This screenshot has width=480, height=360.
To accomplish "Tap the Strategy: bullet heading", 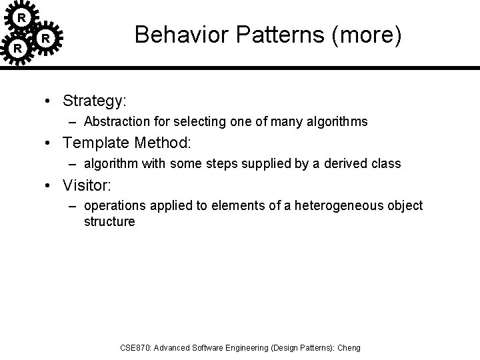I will click(x=95, y=101).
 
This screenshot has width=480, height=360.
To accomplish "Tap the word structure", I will click(x=109, y=221).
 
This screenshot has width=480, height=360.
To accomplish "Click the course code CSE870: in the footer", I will click(x=136, y=347).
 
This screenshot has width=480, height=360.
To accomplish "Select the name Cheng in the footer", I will click(x=349, y=347).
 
